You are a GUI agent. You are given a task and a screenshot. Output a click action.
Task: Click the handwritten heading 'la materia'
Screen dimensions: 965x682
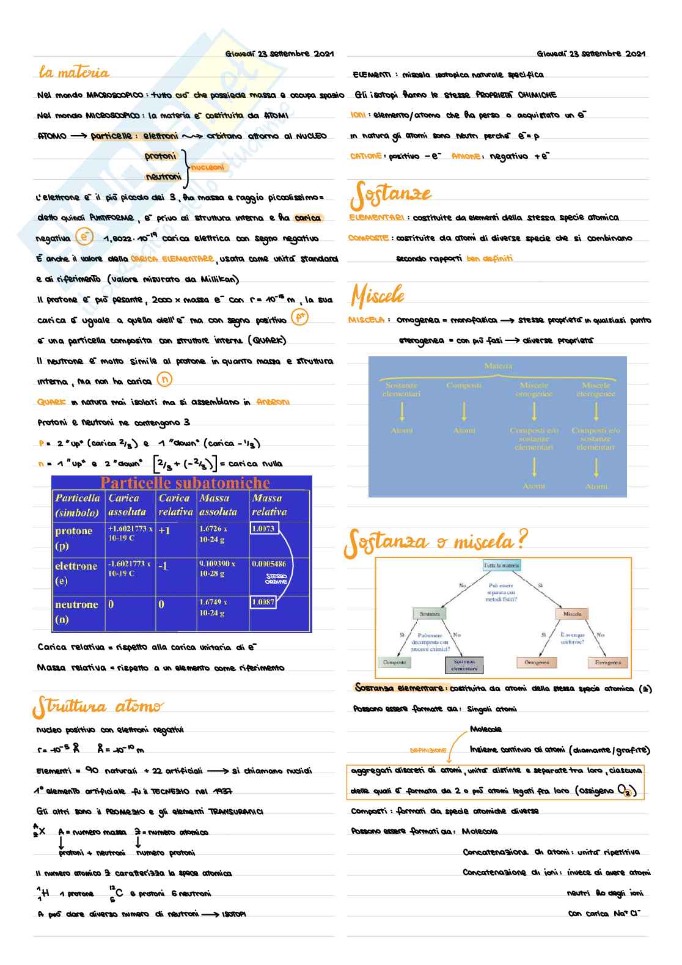coord(74,73)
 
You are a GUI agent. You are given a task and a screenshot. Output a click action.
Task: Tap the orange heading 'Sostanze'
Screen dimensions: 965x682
coord(391,194)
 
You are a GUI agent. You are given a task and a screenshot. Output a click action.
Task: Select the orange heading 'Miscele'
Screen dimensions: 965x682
coord(378,296)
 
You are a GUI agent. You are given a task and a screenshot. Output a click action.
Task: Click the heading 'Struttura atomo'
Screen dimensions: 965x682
coord(98,706)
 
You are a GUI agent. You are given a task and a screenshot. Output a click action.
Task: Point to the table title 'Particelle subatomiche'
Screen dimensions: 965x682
coord(185,483)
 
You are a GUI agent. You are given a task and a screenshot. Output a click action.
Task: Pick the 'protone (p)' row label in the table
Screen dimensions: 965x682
coord(74,538)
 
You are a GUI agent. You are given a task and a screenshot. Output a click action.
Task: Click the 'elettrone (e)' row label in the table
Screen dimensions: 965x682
coord(76,573)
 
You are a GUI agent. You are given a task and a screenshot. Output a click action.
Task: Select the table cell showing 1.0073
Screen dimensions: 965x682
coord(263,528)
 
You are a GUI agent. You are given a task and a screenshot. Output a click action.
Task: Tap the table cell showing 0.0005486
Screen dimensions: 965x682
coord(268,563)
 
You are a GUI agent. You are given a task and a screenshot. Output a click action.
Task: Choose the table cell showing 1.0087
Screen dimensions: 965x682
coord(263,602)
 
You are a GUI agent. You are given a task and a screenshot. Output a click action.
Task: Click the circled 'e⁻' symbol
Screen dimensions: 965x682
coord(84,237)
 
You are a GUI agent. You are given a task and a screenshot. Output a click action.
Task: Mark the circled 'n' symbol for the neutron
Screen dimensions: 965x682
coord(164,380)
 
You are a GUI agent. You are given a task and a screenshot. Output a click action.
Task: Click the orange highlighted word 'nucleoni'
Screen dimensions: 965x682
coord(208,167)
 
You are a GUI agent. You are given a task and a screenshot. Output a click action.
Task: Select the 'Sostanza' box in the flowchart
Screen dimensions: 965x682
coord(430,614)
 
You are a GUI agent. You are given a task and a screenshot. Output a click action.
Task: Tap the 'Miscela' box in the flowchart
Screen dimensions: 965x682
coord(572,614)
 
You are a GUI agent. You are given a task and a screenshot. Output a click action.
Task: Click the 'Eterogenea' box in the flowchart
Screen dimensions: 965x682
coord(607,662)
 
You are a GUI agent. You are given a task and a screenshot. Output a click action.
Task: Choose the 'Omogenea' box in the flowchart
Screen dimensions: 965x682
coord(537,662)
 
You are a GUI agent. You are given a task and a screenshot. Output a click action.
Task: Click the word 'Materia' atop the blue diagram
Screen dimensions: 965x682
coord(498,365)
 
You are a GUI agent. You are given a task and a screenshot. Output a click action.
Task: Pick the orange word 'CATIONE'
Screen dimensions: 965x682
coord(366,156)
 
